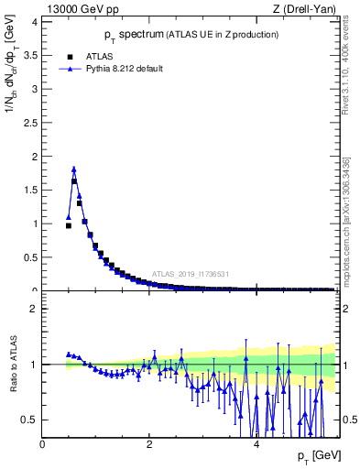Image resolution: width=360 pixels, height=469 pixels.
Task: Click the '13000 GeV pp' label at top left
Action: click(x=81, y=9)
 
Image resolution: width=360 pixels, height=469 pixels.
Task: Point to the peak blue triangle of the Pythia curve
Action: click(x=73, y=169)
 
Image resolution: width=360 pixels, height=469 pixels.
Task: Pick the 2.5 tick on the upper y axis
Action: click(x=31, y=123)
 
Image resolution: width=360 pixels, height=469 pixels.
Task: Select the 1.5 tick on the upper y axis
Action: click(x=31, y=190)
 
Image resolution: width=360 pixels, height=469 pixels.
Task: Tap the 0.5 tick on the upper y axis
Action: click(x=31, y=256)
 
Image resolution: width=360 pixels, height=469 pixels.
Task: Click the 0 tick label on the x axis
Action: click(x=43, y=444)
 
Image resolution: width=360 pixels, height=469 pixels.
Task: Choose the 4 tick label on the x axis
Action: click(x=257, y=444)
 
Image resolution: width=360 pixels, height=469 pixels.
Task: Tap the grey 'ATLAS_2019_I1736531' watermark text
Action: click(x=190, y=274)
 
